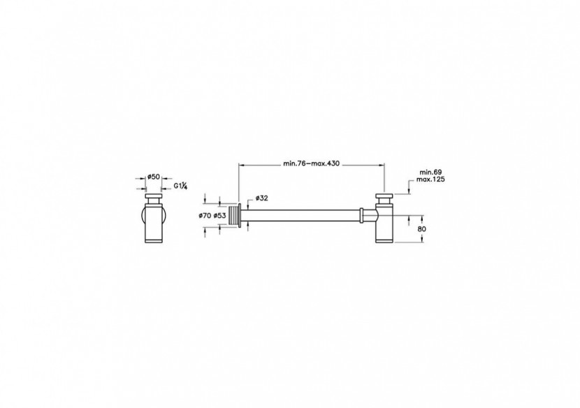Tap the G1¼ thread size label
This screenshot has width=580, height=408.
click(x=180, y=186)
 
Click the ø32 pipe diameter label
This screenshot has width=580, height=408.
click(x=261, y=197)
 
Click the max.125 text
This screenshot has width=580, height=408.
click(x=430, y=180)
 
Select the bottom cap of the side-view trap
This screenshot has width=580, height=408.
click(x=384, y=239)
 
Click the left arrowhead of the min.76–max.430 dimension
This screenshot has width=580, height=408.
click(x=242, y=166)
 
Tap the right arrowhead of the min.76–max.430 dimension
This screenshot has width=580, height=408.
click(x=382, y=166)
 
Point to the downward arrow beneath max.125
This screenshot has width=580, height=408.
click(x=407, y=189)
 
